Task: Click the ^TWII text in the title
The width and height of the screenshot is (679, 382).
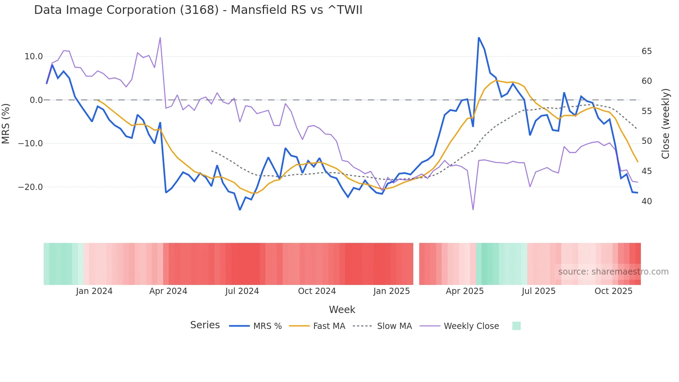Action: tap(345, 10)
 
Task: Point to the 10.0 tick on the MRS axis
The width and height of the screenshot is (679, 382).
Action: tap(34, 57)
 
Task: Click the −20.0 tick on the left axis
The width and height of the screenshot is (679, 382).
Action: tap(30, 187)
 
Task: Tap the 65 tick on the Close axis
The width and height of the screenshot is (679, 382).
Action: tap(646, 51)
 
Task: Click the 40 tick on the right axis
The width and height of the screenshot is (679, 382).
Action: tap(646, 201)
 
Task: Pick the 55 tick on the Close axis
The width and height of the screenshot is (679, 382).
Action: tap(646, 111)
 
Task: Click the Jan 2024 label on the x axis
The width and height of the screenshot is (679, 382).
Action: tap(94, 291)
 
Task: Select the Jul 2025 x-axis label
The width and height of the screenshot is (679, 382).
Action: tap(538, 291)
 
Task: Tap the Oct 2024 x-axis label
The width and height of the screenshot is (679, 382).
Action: tap(317, 291)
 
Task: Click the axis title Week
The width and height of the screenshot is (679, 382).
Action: tap(342, 310)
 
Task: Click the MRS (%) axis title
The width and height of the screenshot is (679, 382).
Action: tap(6, 124)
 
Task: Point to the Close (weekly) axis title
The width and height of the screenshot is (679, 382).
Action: tap(665, 124)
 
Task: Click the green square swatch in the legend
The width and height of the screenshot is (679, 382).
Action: tap(516, 326)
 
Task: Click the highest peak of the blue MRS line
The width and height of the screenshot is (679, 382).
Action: tap(479, 38)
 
